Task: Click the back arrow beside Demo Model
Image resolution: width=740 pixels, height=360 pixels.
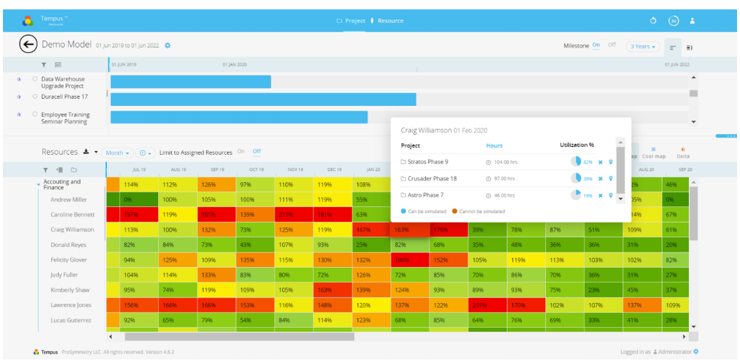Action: click(x=28, y=45)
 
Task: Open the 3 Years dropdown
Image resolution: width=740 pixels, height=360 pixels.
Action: click(x=642, y=46)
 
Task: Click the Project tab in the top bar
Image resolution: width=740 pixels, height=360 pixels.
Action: click(x=351, y=21)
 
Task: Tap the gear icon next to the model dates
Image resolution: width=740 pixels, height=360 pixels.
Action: click(x=168, y=45)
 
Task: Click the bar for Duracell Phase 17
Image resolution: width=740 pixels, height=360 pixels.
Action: click(x=263, y=99)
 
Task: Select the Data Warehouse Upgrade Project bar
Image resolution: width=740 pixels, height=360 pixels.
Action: click(x=191, y=82)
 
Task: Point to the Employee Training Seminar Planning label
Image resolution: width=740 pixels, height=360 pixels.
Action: click(x=65, y=118)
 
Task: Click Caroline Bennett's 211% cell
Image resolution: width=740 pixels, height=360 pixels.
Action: click(x=285, y=215)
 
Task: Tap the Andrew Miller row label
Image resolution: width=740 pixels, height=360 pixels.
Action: click(x=69, y=200)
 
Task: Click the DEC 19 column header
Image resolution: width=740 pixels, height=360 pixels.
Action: click(x=334, y=169)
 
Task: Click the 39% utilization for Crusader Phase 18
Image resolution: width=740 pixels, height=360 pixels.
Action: click(x=588, y=179)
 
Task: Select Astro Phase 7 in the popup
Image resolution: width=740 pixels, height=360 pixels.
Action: click(x=425, y=195)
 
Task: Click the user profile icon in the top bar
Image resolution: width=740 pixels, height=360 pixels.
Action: click(x=692, y=21)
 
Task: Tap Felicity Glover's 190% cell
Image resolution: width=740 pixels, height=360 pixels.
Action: click(x=402, y=260)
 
